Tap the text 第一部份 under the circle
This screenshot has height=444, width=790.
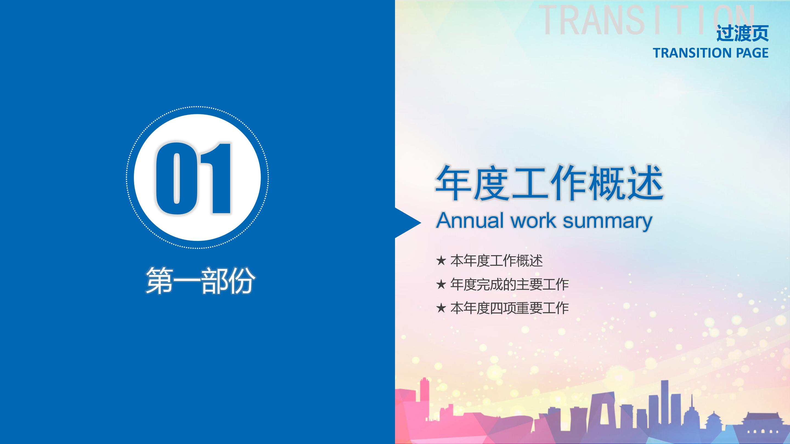pyautogui.click(x=200, y=281)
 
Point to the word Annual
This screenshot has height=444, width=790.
pyautogui.click(x=470, y=220)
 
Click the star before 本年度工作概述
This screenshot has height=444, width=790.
pyautogui.click(x=441, y=261)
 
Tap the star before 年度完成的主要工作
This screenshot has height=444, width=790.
pyautogui.click(x=441, y=284)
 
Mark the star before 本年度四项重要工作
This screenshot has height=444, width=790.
pyautogui.click(x=441, y=308)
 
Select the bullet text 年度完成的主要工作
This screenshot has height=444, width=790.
pyautogui.click(x=510, y=285)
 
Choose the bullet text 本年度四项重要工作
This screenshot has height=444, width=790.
pyautogui.click(x=510, y=308)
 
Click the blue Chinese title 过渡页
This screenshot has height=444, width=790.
pyautogui.click(x=743, y=33)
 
